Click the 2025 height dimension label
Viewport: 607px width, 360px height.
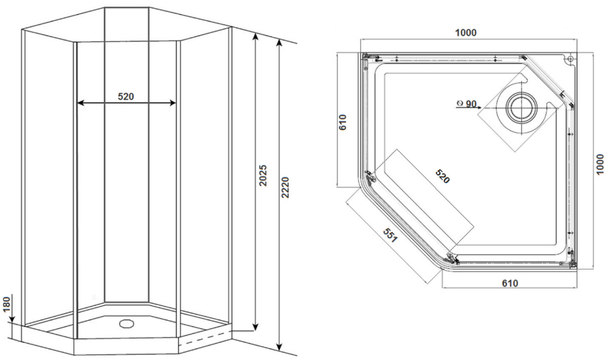(x=263, y=176)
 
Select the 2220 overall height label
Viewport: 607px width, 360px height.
(x=285, y=188)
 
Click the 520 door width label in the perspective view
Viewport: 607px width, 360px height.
(x=126, y=96)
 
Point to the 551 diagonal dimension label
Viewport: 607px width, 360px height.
(x=390, y=235)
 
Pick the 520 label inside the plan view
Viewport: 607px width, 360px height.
(x=442, y=177)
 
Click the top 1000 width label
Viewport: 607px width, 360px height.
(x=465, y=33)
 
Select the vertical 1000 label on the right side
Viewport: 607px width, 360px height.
(x=600, y=164)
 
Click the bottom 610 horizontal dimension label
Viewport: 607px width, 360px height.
(x=510, y=283)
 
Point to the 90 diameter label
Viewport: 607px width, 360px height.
(x=471, y=104)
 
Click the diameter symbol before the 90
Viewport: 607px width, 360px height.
(x=460, y=103)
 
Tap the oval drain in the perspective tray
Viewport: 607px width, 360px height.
(x=126, y=324)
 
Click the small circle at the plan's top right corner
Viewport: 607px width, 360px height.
(x=569, y=59)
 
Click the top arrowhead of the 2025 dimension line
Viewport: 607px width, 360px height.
(x=255, y=37)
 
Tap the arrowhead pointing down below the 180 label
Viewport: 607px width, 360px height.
(x=12, y=319)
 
